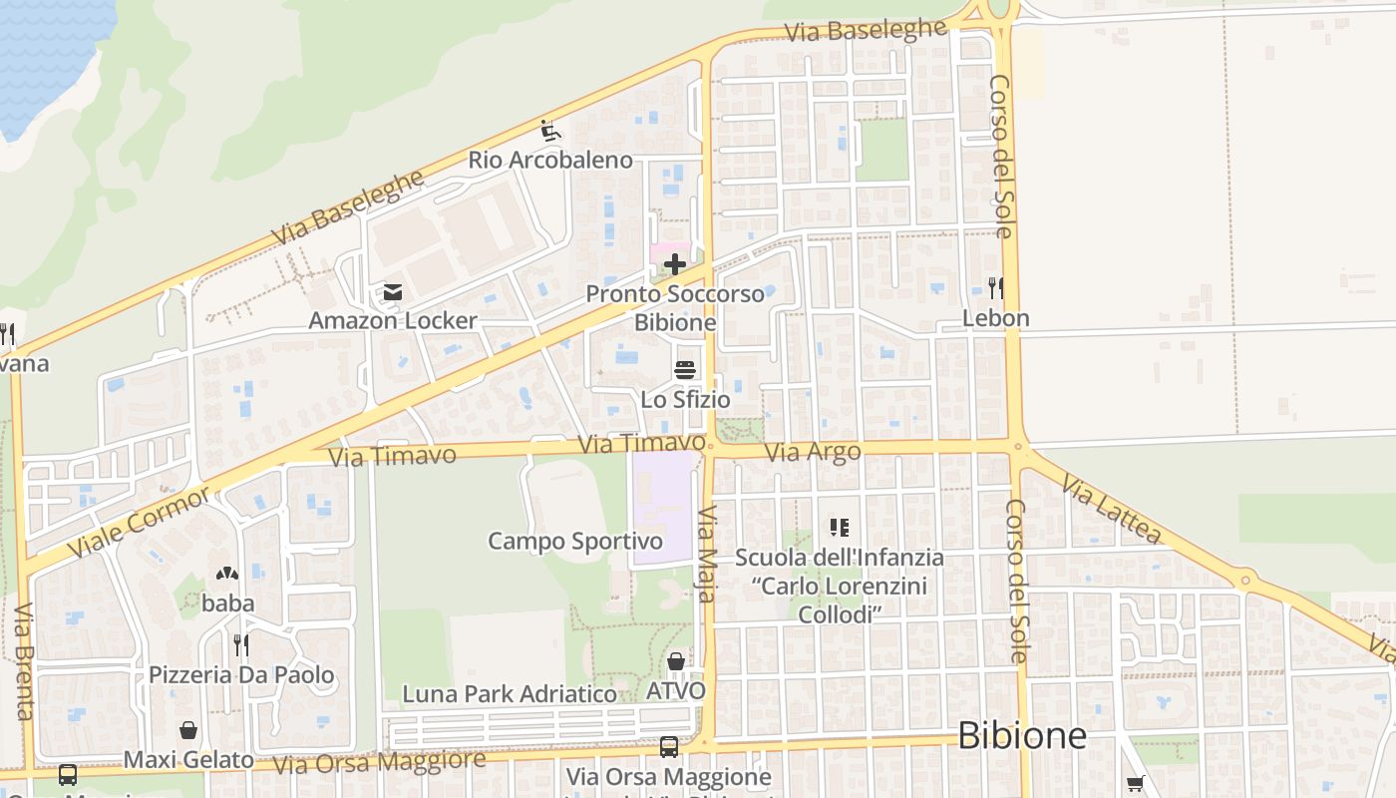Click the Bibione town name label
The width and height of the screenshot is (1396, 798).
1021,735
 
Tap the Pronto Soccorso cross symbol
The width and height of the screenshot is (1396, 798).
675,264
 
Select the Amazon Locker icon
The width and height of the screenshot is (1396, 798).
392,292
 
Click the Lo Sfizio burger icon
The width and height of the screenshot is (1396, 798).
685,370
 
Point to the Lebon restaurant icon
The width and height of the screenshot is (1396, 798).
995,288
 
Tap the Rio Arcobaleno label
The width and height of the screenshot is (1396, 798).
550,160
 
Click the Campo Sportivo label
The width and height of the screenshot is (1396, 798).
574,541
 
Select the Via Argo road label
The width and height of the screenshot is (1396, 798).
813,452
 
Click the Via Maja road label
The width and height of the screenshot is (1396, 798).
707,554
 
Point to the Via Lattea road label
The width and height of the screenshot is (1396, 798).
1111,509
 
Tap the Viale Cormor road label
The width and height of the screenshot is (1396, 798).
140,522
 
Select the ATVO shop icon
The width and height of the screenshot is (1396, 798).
676,661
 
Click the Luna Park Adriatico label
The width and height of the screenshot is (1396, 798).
509,693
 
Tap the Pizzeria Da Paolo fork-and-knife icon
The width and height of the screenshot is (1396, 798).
240,645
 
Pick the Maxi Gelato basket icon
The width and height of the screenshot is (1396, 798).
188,731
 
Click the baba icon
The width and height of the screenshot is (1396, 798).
227,575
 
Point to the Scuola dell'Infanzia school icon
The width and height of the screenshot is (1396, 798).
839,527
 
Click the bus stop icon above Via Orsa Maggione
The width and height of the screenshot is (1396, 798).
669,746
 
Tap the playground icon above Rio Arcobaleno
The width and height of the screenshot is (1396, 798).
549,131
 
